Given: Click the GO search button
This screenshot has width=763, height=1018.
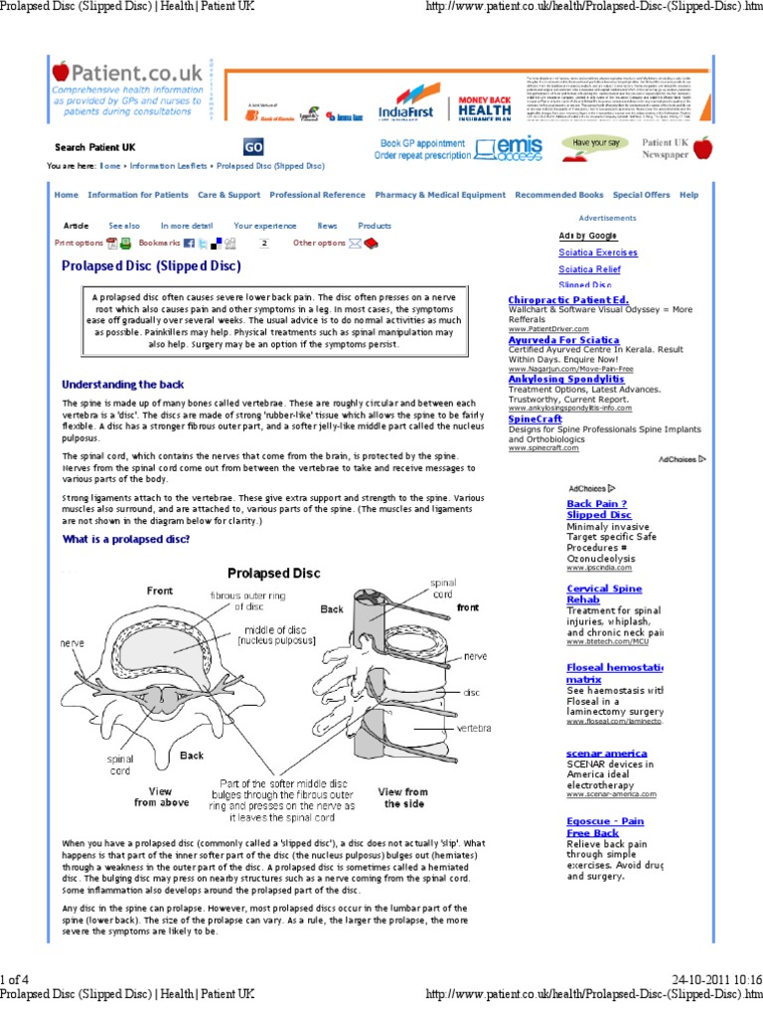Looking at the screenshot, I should pyautogui.click(x=253, y=147).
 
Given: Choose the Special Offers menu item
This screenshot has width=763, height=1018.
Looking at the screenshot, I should pyautogui.click(x=641, y=195).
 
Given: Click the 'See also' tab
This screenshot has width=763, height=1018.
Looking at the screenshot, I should pyautogui.click(x=124, y=226).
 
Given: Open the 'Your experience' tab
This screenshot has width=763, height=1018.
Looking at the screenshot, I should pyautogui.click(x=264, y=226).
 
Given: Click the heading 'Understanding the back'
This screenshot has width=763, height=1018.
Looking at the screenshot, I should pyautogui.click(x=122, y=384).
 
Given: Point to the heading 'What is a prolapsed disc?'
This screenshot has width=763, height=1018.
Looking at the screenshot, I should pyautogui.click(x=126, y=539).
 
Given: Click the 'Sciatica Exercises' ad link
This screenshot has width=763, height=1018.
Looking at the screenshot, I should pyautogui.click(x=598, y=253).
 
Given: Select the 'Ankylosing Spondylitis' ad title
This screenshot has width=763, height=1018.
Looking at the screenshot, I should pyautogui.click(x=566, y=379).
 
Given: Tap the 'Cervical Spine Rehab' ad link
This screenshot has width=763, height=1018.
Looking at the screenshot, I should pyautogui.click(x=604, y=594).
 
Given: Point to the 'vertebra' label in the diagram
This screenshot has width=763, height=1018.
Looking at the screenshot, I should pyautogui.click(x=474, y=729).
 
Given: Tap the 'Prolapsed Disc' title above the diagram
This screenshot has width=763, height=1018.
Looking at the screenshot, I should pyautogui.click(x=273, y=573).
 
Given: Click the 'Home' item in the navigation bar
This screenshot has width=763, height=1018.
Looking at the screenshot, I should pyautogui.click(x=67, y=195).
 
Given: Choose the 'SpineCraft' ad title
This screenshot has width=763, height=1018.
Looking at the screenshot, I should pyautogui.click(x=537, y=421).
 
